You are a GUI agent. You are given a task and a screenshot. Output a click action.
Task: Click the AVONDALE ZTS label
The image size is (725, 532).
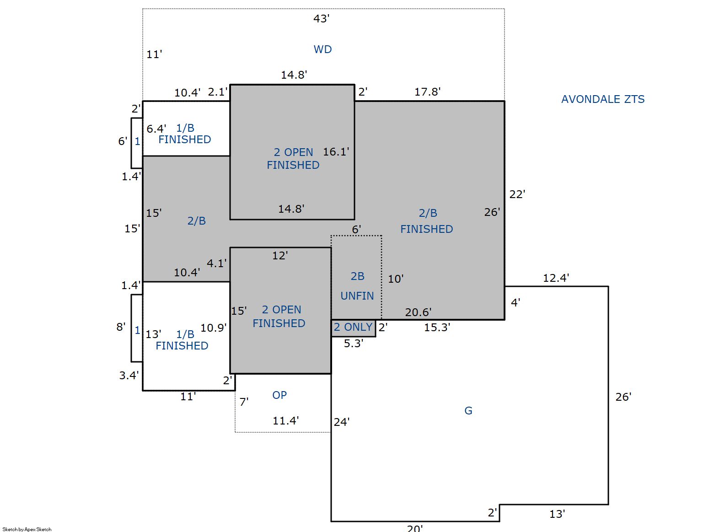[x=603, y=99]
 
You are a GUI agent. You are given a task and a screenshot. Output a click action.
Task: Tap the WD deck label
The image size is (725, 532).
[x=322, y=49]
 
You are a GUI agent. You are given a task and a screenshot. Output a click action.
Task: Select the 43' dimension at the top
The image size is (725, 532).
[x=322, y=18]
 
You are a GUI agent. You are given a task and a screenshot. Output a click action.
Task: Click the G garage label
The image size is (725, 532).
[x=468, y=411]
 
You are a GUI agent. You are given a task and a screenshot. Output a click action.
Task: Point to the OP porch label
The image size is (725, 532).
[x=279, y=395]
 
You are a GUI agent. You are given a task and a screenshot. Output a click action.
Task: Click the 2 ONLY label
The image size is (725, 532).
[x=353, y=327]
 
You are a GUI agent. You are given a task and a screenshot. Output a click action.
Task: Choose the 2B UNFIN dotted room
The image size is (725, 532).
[x=356, y=278]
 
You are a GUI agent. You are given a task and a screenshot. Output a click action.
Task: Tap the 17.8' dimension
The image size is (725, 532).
[x=428, y=92]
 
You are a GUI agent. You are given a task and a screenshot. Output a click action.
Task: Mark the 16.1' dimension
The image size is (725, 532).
[x=336, y=151]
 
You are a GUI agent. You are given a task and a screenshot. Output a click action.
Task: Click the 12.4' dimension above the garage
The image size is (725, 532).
[x=556, y=278]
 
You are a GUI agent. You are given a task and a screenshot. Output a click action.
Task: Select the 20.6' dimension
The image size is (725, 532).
[x=418, y=312]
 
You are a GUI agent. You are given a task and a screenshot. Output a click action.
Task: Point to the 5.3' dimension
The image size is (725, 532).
[x=354, y=344]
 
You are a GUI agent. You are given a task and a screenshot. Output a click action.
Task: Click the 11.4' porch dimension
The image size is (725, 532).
[x=285, y=421]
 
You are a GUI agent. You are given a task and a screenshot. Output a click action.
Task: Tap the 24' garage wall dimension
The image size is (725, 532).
[x=342, y=422]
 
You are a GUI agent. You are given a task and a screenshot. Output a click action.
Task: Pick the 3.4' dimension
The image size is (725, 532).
[x=129, y=376]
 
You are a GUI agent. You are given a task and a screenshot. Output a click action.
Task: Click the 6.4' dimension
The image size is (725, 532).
[x=156, y=129]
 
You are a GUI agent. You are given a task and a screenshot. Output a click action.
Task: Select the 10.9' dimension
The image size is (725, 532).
[x=213, y=328]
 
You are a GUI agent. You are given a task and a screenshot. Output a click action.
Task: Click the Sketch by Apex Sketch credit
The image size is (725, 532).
[x=27, y=529]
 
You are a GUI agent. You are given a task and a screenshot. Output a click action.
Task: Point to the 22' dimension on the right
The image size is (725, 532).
[x=517, y=194]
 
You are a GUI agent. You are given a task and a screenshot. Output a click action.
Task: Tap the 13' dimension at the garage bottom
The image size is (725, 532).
[x=557, y=514]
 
